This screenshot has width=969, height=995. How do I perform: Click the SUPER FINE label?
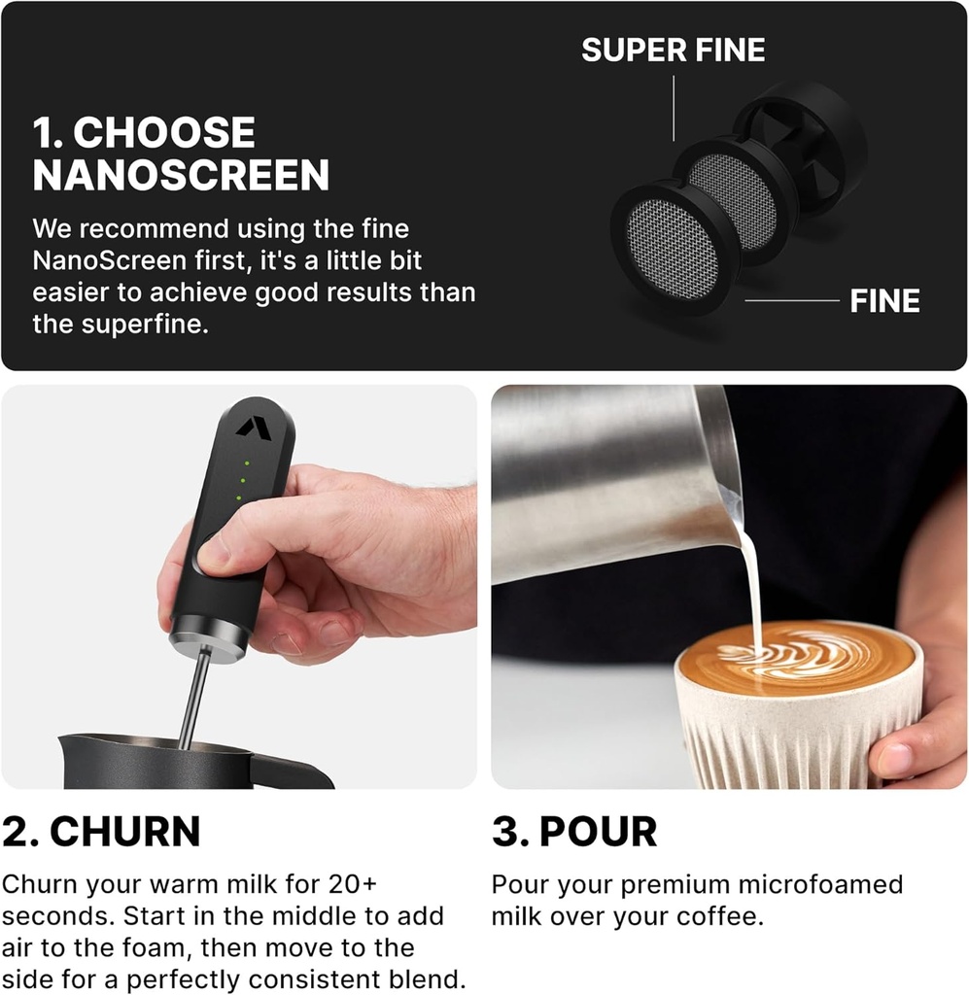click(673, 50)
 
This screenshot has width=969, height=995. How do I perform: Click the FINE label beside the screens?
click(884, 301)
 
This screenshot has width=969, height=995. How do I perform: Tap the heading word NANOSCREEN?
click(181, 176)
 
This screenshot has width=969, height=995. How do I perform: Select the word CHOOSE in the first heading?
click(164, 133)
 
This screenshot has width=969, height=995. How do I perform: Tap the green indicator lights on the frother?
click(242, 480)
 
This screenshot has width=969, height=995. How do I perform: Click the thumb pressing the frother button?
click(219, 555)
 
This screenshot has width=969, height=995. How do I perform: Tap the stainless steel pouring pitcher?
click(603, 486)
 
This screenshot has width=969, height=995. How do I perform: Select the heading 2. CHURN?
click(101, 832)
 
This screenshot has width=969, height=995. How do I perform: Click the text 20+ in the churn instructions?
click(347, 885)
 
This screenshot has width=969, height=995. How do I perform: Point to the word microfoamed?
click(821, 885)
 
